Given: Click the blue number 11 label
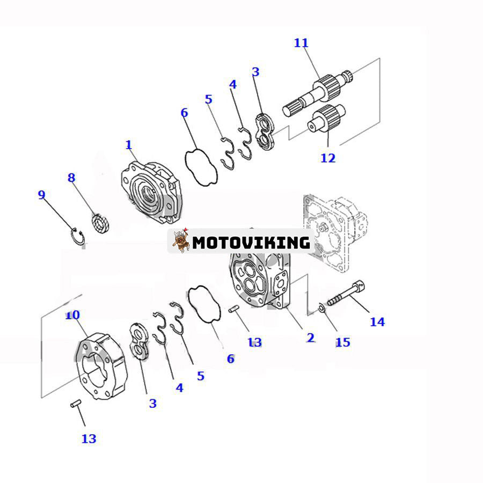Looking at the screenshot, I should (301, 43).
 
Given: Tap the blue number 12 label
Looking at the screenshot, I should (327, 158).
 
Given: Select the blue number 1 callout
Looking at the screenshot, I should (128, 145).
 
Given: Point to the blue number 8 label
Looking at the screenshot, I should (71, 178).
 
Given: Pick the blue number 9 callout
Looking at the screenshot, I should (41, 195).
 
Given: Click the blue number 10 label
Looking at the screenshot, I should (72, 314).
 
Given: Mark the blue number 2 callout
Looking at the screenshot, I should (310, 338).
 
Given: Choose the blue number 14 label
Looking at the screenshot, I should (377, 321).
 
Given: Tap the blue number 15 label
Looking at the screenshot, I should (342, 342).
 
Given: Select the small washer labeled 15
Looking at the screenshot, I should (320, 308).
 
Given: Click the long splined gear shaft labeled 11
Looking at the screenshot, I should (317, 92).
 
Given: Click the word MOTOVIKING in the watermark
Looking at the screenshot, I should (251, 243).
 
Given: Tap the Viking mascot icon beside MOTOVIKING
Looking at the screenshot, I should (181, 241).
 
